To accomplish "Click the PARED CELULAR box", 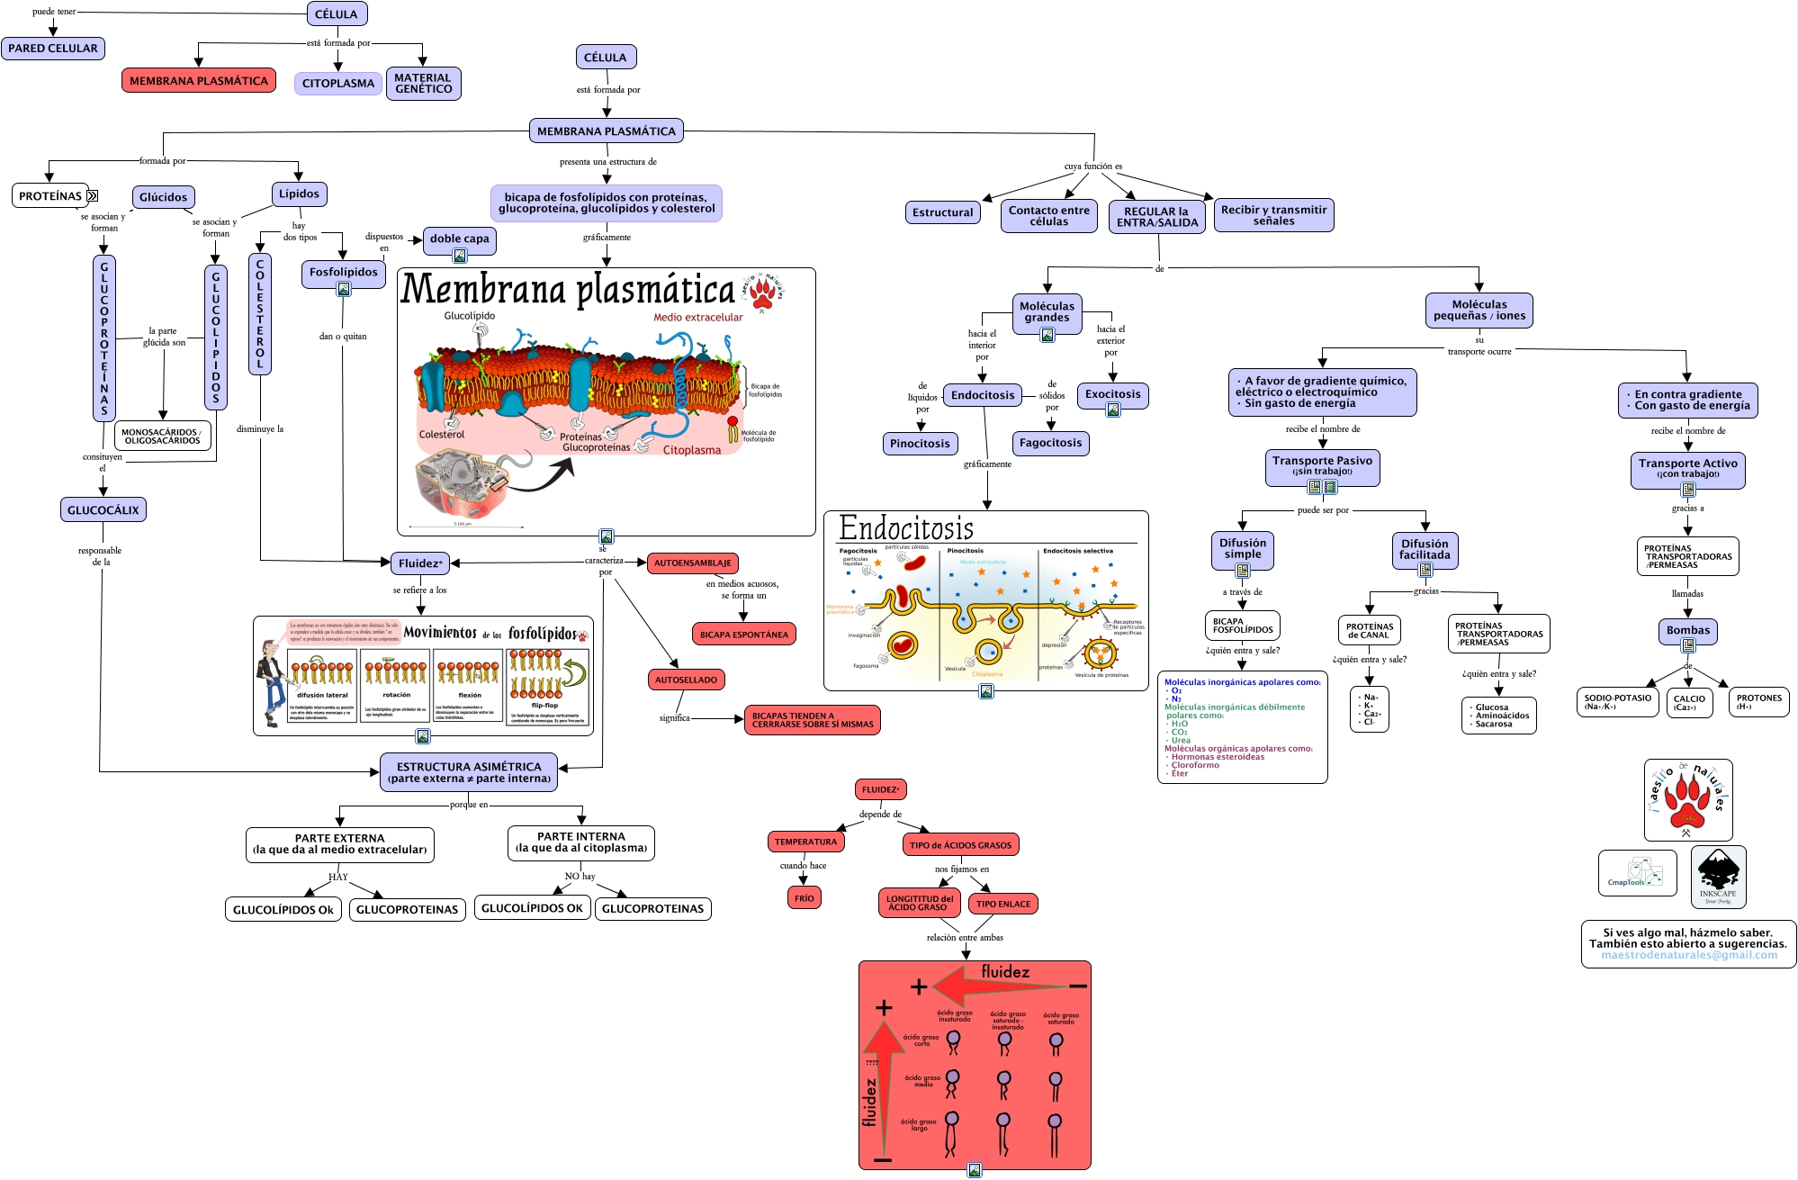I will click(53, 49).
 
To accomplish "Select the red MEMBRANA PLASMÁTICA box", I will click(198, 81).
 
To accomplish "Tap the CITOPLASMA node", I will click(337, 84).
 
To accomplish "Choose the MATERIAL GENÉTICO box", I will click(423, 84).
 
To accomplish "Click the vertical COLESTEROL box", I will click(260, 313).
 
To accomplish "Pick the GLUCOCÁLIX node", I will click(103, 510).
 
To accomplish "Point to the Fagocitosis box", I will click(1050, 443).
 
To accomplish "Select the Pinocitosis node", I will click(920, 444).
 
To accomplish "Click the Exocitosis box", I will click(1112, 394).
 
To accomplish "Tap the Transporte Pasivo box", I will click(1322, 465).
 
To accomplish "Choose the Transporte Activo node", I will click(1687, 468).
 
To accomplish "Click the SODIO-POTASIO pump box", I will click(1617, 702).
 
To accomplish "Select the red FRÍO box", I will click(804, 898).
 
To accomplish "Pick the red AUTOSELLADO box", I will click(686, 680).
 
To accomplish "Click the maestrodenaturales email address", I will click(1688, 956).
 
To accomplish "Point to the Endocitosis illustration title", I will click(905, 528).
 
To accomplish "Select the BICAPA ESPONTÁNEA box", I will click(743, 635).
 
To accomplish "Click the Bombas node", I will click(1687, 630).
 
